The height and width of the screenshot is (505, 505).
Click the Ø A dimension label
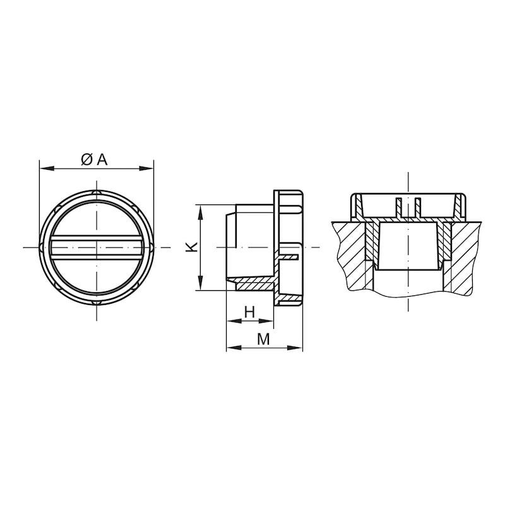point(94,160)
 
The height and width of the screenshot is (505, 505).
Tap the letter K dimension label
point(192,247)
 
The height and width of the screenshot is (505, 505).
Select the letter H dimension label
point(249,312)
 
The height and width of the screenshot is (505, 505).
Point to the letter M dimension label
point(263,339)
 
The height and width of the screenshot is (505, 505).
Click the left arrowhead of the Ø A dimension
point(46,168)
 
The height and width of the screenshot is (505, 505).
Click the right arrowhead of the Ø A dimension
point(146,168)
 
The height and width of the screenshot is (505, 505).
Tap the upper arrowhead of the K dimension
point(200,213)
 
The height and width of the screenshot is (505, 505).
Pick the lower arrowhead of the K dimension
point(200,283)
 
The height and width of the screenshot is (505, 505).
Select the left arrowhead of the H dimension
point(234,321)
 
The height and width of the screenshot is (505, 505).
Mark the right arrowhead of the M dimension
point(295,348)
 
